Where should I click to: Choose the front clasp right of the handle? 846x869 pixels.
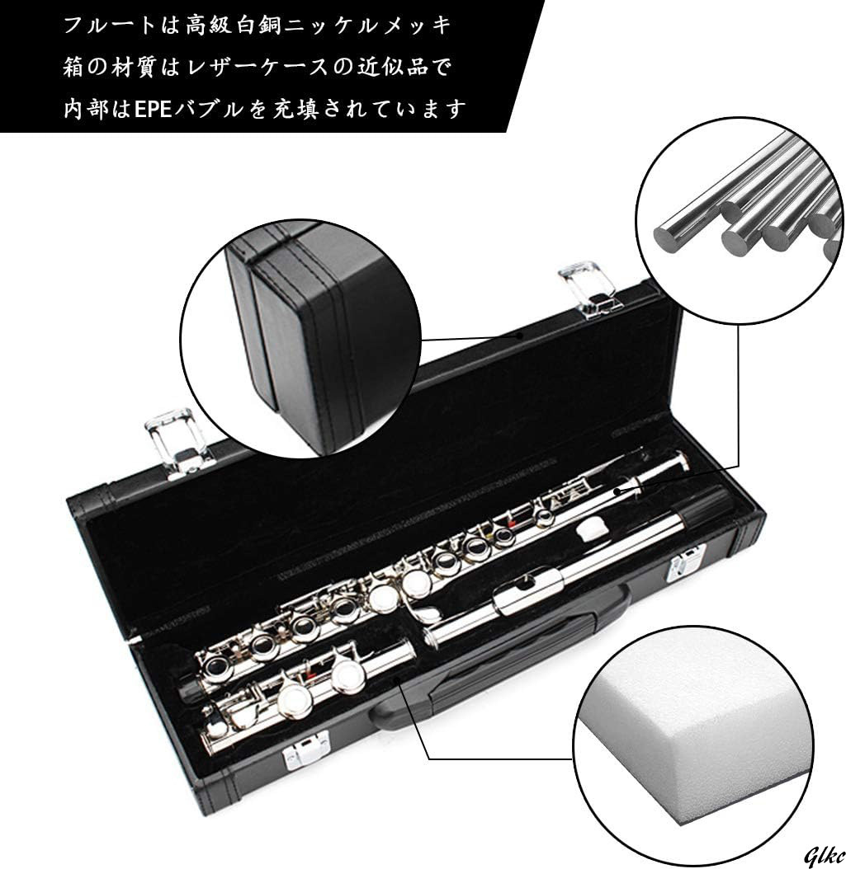click(684, 568)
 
